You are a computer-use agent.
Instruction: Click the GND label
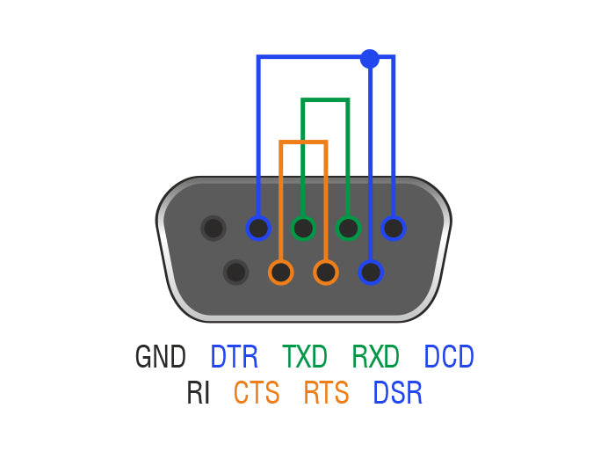(x=161, y=357)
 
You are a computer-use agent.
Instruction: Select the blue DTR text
(x=235, y=357)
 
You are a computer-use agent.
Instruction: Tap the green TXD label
(x=305, y=357)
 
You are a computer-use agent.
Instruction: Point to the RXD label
(x=376, y=357)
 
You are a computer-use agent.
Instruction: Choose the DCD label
(x=449, y=357)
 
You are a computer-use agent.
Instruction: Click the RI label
(x=199, y=393)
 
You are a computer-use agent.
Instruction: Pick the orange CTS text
(x=257, y=393)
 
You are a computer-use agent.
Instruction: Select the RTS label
(x=326, y=393)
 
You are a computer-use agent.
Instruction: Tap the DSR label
(x=398, y=393)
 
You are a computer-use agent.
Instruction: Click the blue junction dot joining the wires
(x=370, y=59)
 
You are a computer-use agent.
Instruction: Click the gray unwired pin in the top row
(x=213, y=229)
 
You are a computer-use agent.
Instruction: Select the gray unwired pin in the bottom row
(x=235, y=272)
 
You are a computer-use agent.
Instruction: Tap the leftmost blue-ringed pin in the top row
(x=258, y=229)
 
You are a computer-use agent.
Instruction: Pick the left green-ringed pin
(x=303, y=229)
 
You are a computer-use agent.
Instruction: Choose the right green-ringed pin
(x=349, y=229)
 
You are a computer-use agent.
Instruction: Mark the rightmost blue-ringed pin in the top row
(x=394, y=229)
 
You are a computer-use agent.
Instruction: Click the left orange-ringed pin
(x=281, y=272)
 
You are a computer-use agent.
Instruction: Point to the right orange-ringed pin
(x=326, y=272)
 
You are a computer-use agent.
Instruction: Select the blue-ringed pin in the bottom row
(x=371, y=272)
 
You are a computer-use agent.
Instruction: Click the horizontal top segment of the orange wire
(x=303, y=142)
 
